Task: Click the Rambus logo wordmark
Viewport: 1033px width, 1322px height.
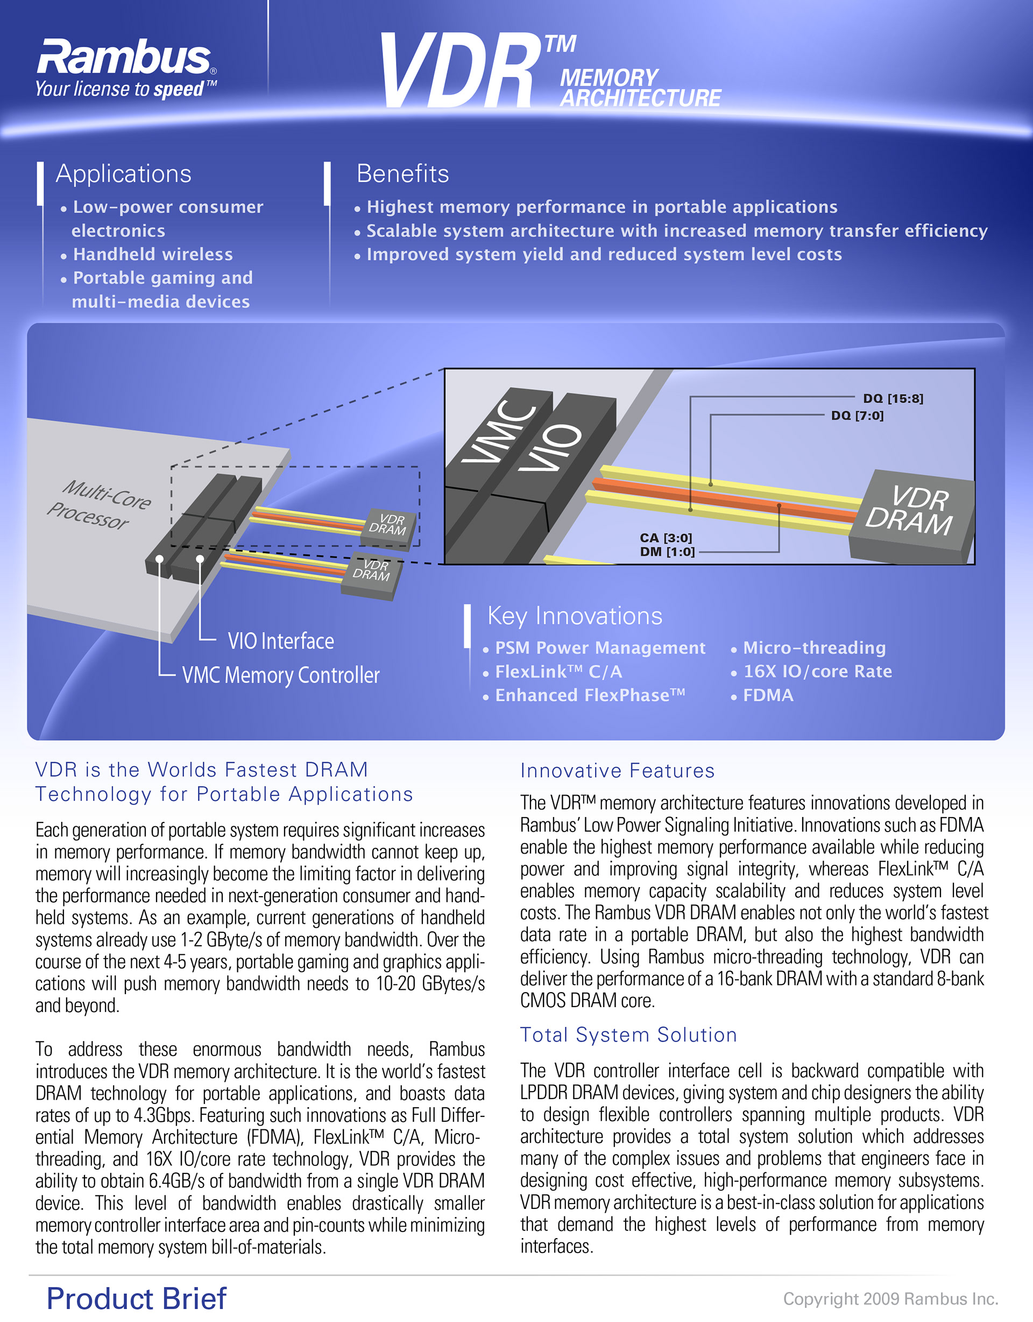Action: (124, 58)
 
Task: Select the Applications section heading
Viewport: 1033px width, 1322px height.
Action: (123, 174)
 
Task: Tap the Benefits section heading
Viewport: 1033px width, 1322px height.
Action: (402, 174)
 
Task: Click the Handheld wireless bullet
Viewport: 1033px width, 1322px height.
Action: (152, 254)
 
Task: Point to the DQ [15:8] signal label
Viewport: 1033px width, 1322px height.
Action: (893, 398)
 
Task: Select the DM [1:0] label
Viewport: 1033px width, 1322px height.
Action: (667, 551)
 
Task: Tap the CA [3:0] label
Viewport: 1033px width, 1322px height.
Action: (666, 538)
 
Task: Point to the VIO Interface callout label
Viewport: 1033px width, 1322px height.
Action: (280, 641)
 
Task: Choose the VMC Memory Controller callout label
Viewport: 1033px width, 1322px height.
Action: (281, 675)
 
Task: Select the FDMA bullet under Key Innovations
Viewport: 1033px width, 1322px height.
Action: (767, 695)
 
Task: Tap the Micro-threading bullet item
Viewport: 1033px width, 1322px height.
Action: (814, 648)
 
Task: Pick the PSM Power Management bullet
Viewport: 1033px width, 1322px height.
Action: (600, 648)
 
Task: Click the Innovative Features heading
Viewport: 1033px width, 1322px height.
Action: (617, 771)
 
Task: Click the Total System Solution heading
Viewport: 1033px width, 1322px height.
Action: (628, 1035)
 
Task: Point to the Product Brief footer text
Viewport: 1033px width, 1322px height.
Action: (136, 1298)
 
